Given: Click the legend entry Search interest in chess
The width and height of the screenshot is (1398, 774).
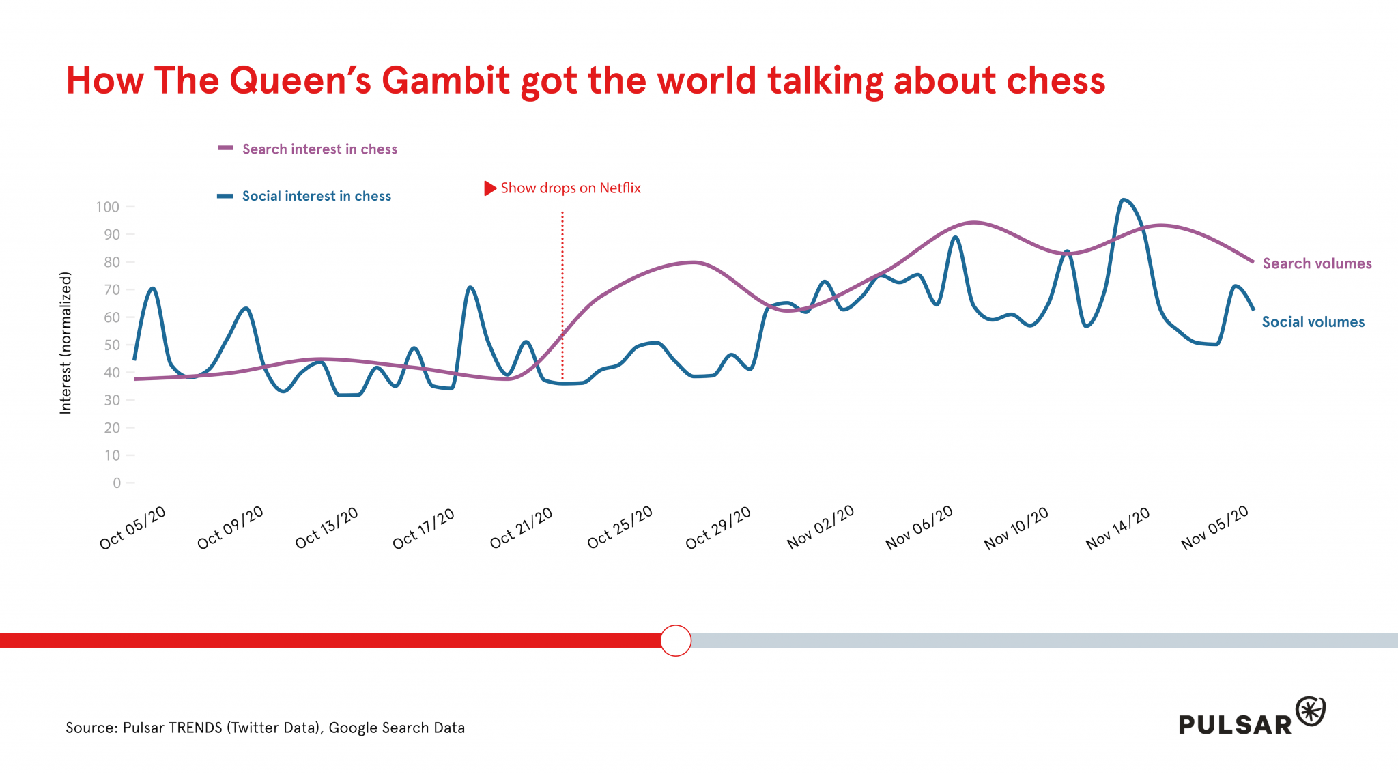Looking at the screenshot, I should click(319, 149).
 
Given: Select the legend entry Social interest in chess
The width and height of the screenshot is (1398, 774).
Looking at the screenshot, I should click(316, 196).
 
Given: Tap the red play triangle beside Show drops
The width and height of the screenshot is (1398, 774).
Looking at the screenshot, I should click(490, 188).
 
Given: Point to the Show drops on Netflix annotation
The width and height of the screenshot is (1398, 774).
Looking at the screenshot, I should click(570, 188).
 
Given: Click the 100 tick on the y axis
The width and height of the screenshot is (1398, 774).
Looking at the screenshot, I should click(108, 207).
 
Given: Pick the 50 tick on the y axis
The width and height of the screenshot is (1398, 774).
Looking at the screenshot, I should click(112, 345).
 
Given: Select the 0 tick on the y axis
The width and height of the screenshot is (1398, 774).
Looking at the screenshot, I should click(117, 483).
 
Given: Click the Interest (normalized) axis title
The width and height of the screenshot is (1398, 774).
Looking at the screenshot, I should click(66, 343).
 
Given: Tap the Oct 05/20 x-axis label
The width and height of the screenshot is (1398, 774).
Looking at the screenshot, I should click(132, 528).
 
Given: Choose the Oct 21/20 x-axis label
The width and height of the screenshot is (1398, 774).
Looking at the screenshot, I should click(522, 528).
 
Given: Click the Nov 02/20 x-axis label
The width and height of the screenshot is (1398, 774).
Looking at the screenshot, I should click(821, 528).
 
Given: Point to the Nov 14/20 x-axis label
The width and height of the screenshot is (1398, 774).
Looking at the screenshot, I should click(1117, 528).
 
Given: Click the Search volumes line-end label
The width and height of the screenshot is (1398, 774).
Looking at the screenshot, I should click(1317, 263).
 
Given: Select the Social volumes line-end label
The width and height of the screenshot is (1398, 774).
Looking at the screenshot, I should click(1313, 322).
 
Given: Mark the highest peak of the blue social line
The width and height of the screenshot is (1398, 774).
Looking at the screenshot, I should click(1123, 200).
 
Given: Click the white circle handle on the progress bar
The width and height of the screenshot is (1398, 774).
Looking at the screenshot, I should click(676, 640).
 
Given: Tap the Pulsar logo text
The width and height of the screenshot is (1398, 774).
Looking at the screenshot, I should click(1235, 724).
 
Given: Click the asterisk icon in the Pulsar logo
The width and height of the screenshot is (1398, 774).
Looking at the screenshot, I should click(1310, 711).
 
